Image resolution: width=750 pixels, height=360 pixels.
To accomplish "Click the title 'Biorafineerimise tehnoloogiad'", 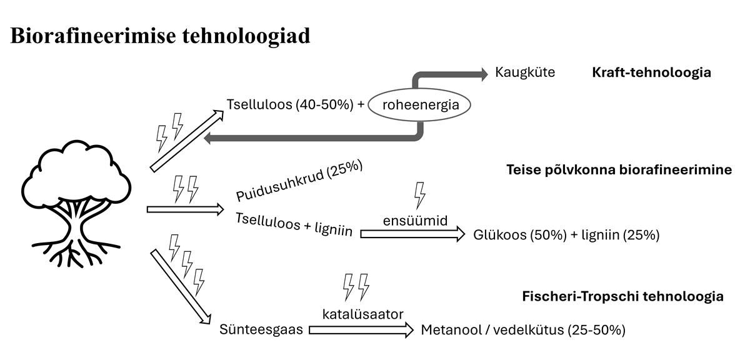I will pos(161,36).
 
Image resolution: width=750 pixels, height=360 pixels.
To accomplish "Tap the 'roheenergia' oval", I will pos(419,105).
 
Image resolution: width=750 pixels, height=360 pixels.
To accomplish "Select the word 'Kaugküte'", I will pos(524,72).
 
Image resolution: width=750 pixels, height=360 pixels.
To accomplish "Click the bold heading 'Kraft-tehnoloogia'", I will pos(651,72).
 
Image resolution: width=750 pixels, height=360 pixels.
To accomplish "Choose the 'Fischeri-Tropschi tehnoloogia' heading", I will pos(622,296).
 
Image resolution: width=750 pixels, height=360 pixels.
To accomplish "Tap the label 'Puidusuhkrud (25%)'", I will pos(299,184).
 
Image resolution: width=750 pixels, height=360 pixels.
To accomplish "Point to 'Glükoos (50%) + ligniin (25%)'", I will pos(566,235).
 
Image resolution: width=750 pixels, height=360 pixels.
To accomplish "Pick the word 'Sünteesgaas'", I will pos(262,329).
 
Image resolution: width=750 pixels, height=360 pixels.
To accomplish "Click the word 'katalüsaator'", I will pos(362,314).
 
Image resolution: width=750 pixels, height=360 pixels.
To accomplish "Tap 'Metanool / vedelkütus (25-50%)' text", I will pos(523,329).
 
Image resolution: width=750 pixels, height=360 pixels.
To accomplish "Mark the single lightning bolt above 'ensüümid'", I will pos(420,195).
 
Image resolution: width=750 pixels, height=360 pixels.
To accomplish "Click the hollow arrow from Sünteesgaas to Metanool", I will pos(361,329).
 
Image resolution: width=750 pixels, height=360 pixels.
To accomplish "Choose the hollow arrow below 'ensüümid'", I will pos(412,234).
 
